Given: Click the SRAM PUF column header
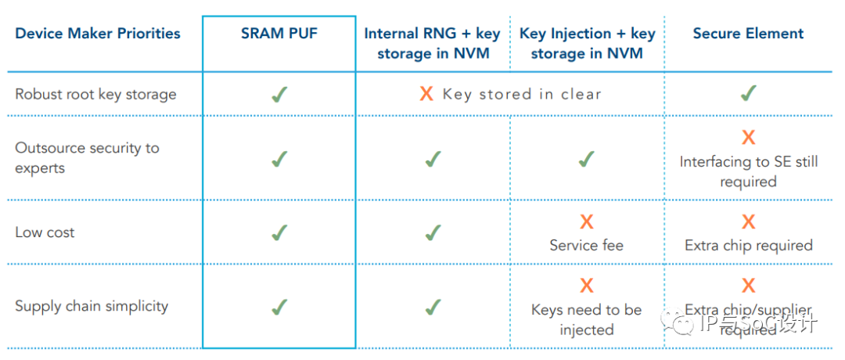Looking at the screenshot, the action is pos(279,34).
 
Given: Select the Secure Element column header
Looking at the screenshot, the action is pos(748,34).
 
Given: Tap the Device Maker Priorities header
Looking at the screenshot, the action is pos(98,34).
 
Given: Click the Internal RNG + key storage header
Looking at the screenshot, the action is pos(432,44).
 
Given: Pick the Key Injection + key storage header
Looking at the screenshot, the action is pos(587,44).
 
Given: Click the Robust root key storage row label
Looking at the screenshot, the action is pos(95,95).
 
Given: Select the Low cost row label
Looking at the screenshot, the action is pos(45,232).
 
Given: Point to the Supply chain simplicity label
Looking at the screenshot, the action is pos(92,306).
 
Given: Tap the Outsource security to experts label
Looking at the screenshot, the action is pos(87,158).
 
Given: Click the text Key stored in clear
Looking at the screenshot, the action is pos(521,95).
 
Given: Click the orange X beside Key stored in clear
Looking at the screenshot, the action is pos(426,95).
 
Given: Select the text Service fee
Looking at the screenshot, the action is pos(586,246).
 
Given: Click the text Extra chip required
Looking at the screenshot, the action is pos(749,246).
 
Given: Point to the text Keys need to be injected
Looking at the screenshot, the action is pos(586,319).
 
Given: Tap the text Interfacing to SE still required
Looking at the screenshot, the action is pos(749,171).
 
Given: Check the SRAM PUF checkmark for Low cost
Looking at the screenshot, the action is pos(278,232).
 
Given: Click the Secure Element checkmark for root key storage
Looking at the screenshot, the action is pos(748,93).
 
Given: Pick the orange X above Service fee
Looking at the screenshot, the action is pos(586,221).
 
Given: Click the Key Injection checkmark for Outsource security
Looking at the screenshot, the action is pos(586,158).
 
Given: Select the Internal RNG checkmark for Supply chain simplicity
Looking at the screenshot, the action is pos(432,307).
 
